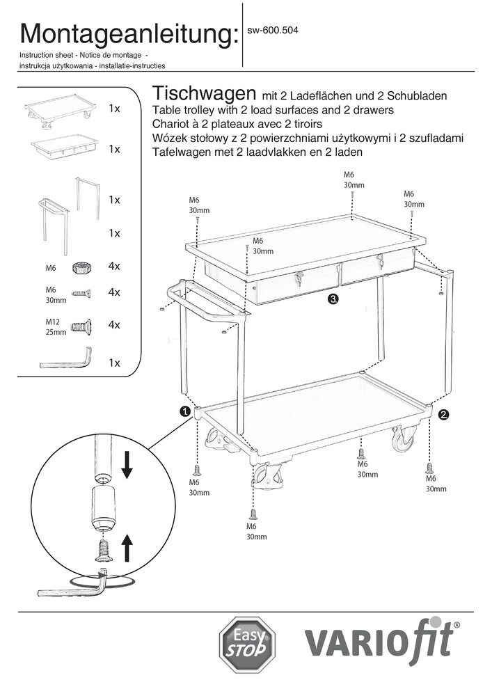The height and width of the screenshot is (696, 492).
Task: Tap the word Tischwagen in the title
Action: [202, 93]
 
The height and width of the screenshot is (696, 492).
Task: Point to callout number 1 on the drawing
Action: [185, 412]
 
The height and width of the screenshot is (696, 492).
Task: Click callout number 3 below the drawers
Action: [334, 299]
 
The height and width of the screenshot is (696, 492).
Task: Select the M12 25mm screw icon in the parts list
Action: [81, 325]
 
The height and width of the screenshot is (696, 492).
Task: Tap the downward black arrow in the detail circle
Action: [127, 464]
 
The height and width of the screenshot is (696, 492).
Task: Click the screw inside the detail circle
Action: [102, 551]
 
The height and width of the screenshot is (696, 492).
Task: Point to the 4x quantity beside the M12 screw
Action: [115, 325]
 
